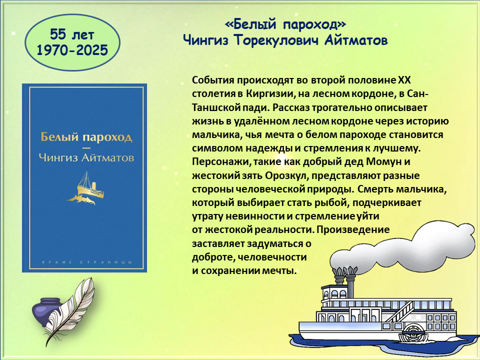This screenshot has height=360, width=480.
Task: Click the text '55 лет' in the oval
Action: coord(72,34)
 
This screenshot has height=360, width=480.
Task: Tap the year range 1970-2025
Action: coord(72,50)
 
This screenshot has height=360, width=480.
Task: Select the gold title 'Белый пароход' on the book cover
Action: coord(86,137)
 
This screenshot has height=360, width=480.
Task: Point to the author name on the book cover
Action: coord(86,157)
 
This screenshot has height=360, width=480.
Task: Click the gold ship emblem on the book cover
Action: coord(86,188)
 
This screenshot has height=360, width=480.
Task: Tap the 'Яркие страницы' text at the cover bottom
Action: coord(86,262)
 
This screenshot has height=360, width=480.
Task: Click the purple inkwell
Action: coord(46,311)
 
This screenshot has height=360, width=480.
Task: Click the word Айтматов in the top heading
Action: coord(356,40)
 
